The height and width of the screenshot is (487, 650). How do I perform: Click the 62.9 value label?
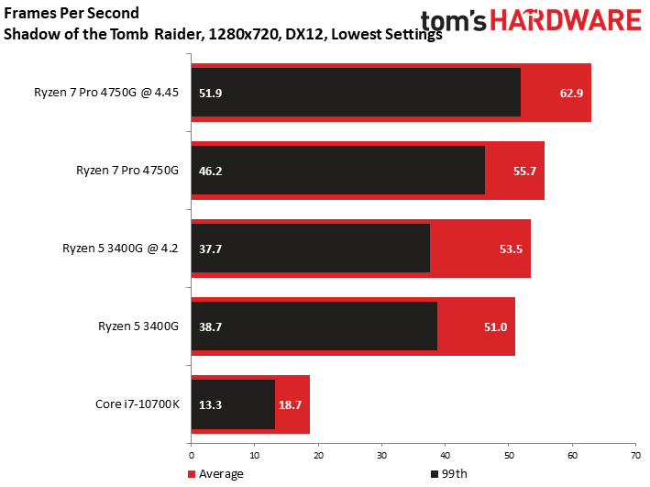pyautogui.click(x=571, y=93)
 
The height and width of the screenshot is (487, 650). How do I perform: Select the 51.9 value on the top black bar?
pyautogui.click(x=210, y=93)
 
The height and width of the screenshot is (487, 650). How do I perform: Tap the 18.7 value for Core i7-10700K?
pyautogui.click(x=290, y=404)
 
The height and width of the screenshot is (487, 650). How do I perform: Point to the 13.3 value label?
pyautogui.click(x=210, y=404)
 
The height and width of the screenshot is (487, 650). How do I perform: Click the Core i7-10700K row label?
pyautogui.click(x=138, y=404)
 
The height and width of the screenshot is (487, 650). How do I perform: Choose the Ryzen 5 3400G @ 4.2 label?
pyautogui.click(x=120, y=248)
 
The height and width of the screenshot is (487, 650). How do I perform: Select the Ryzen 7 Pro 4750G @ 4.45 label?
pyautogui.click(x=106, y=92)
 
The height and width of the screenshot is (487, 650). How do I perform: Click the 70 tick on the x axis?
pyautogui.click(x=635, y=456)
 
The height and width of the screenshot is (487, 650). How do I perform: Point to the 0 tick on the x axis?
pyautogui.click(x=191, y=456)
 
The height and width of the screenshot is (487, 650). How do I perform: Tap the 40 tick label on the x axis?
pyautogui.click(x=446, y=456)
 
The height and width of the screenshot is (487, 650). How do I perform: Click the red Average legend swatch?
pyautogui.click(x=191, y=474)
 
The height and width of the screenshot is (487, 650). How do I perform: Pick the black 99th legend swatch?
pyautogui.click(x=435, y=474)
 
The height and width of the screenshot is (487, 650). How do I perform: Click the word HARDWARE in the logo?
pyautogui.click(x=566, y=20)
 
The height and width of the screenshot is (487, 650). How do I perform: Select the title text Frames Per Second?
pyautogui.click(x=72, y=13)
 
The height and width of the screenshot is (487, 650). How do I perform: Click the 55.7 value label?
pyautogui.click(x=524, y=171)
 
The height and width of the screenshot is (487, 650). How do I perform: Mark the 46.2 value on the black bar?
pyautogui.click(x=210, y=171)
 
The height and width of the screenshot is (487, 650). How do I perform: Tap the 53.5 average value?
pyautogui.click(x=511, y=249)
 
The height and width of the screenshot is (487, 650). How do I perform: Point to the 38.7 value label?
pyautogui.click(x=210, y=327)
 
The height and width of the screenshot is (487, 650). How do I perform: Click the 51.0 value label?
pyautogui.click(x=495, y=327)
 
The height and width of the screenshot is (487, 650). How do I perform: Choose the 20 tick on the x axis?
pyautogui.click(x=318, y=456)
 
